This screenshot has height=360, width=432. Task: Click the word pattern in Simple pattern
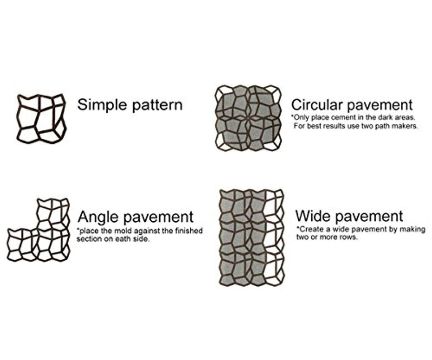157,105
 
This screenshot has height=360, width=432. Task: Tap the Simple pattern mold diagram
41,118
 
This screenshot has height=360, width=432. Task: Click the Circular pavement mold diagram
248,118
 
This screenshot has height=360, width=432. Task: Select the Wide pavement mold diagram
252,236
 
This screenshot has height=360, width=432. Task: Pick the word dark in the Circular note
381,117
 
